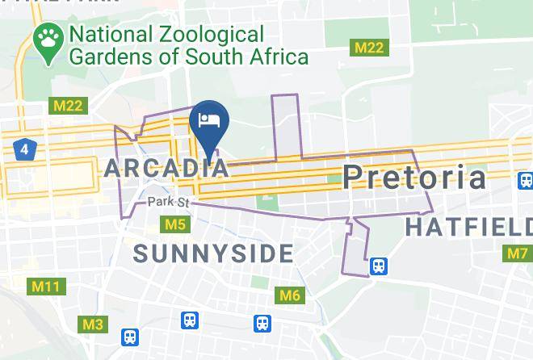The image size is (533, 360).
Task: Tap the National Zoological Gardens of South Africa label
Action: click(x=188, y=46)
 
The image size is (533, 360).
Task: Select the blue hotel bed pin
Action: click(x=210, y=122)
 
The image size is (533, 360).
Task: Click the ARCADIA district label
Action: click(x=166, y=168)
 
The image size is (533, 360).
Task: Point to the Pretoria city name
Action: click(x=415, y=177)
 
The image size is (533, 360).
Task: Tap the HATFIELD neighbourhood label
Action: click(x=468, y=228)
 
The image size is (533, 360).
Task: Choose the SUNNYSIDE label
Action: click(x=214, y=253)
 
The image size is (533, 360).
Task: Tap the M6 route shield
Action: click(x=290, y=295)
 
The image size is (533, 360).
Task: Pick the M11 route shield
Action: click(x=45, y=287)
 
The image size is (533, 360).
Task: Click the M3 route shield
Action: click(x=93, y=324)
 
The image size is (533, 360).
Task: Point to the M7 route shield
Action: click(x=518, y=253)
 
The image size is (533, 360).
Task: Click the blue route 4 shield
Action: click(x=25, y=149)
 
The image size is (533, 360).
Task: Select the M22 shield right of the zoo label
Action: click(x=370, y=48)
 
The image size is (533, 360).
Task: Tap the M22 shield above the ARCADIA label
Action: click(x=68, y=106)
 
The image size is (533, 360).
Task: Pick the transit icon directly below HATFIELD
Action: click(x=377, y=266)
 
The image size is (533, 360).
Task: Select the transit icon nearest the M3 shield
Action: click(x=130, y=336)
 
